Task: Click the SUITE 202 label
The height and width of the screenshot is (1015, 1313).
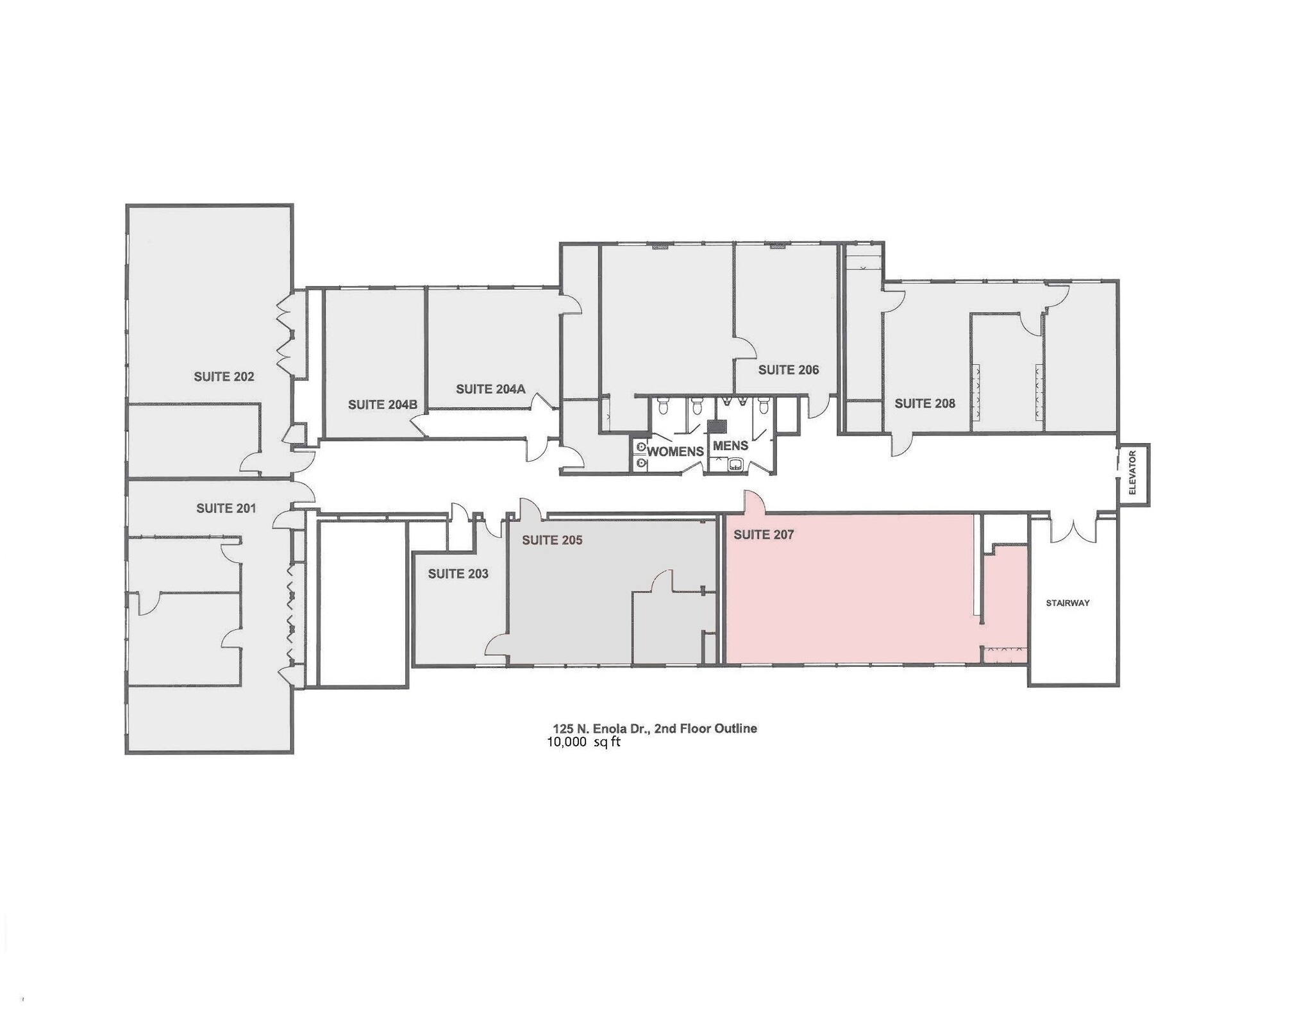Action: (x=224, y=377)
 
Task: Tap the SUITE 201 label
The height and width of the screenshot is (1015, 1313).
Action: (x=226, y=508)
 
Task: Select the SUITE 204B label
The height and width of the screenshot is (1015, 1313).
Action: (x=382, y=405)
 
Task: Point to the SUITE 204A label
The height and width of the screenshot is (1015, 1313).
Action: (x=490, y=389)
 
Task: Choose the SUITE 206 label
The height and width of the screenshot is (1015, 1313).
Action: (x=789, y=370)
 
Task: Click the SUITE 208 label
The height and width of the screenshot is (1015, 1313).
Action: (x=924, y=403)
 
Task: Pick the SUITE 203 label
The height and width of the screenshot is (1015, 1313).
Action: (x=458, y=574)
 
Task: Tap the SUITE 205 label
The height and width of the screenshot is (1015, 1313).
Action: (x=552, y=541)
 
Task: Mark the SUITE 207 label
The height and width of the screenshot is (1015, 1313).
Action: (x=764, y=535)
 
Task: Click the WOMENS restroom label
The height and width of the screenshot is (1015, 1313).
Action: (x=675, y=451)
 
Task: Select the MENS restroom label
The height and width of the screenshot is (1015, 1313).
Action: (x=730, y=446)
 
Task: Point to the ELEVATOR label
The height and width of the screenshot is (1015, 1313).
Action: (x=1132, y=473)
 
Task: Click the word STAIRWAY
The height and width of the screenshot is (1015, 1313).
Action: (x=1067, y=603)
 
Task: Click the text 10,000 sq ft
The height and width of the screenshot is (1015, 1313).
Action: (x=583, y=742)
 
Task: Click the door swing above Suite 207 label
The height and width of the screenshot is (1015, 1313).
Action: (x=754, y=503)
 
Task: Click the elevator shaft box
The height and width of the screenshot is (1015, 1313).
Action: (x=1133, y=474)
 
